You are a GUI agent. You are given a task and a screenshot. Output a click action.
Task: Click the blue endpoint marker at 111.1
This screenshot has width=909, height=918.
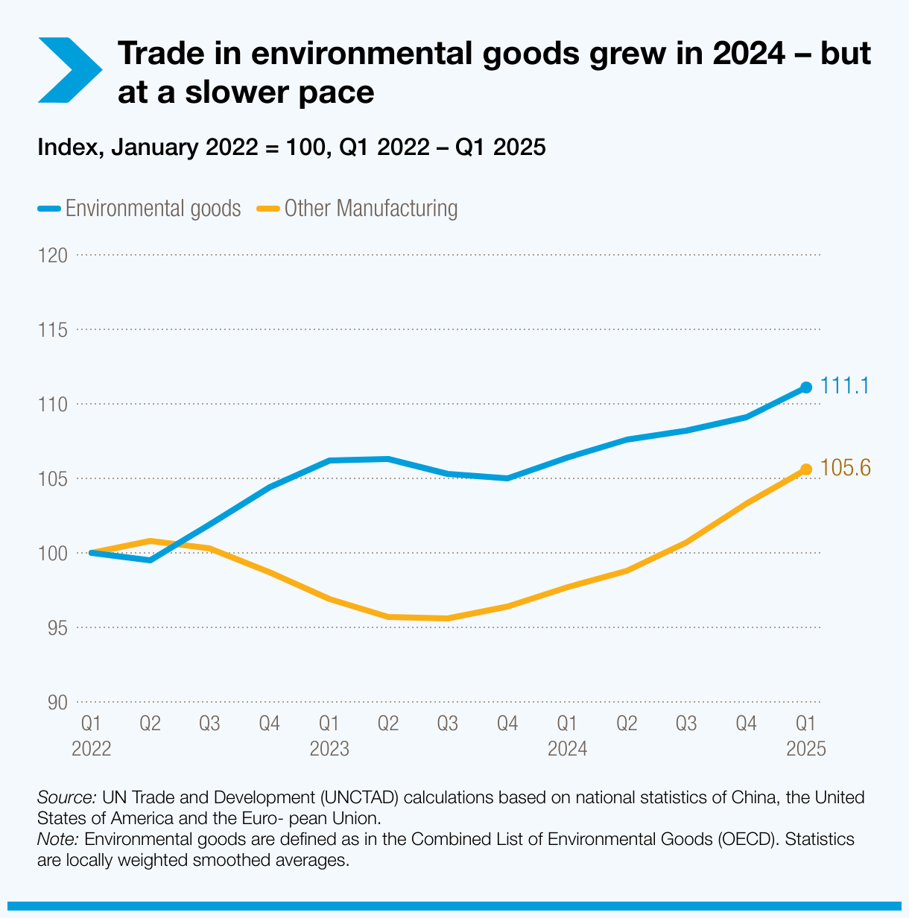coord(805,387)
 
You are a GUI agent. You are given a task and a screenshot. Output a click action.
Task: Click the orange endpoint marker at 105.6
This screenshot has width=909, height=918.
coord(805,469)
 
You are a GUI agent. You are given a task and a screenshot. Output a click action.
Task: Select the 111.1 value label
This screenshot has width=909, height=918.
coord(845,386)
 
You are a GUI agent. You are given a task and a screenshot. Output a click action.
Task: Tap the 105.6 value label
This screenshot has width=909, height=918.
coord(846,468)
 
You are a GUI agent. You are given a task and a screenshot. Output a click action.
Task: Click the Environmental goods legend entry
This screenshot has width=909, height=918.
coord(139,209)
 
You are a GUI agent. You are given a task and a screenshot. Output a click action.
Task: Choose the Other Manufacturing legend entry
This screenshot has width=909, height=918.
coord(357,209)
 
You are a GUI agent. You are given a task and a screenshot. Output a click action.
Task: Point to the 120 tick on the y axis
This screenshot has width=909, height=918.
coord(52,256)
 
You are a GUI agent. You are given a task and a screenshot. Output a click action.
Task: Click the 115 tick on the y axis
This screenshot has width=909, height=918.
coord(52,330)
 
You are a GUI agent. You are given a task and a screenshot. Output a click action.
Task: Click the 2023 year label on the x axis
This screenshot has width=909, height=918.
coord(329,749)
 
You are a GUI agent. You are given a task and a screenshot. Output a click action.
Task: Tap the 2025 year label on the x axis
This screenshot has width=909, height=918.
coord(806,749)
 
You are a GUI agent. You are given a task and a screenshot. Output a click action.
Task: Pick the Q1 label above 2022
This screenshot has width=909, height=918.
coord(91,724)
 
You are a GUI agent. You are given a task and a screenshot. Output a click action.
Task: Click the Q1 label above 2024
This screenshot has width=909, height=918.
coord(568,724)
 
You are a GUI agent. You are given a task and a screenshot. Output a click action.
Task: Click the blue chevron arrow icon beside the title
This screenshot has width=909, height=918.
coord(69,70)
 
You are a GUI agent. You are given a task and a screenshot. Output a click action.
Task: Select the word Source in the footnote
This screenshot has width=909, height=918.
coord(66,797)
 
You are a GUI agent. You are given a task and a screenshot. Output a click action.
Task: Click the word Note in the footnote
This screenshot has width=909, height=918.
coord(57,839)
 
